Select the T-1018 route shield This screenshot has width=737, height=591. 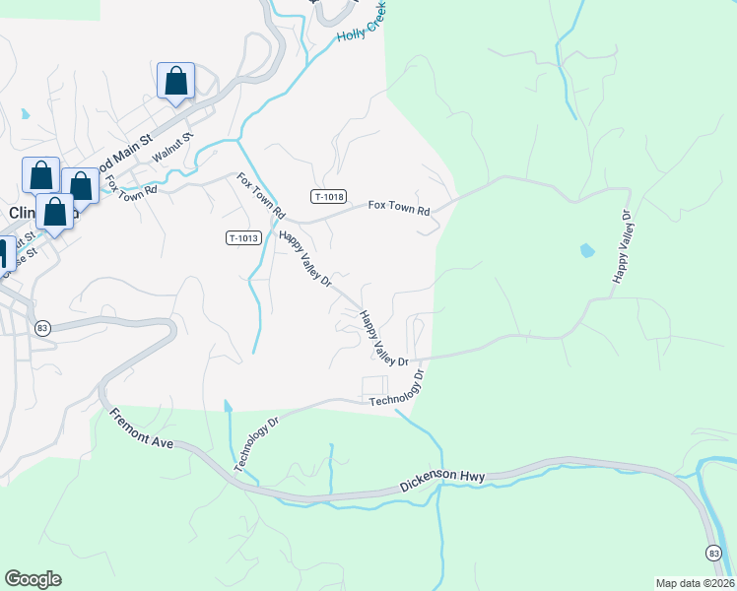pos(328,197)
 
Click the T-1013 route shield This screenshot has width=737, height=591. pos(243,237)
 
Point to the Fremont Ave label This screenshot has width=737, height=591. pos(142,429)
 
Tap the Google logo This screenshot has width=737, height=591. pos(33,579)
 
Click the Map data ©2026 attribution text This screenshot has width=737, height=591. pos(694,582)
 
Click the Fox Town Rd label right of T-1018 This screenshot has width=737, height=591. pos(399,208)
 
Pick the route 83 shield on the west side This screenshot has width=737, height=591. pos(41,328)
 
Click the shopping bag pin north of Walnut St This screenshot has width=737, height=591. pos(175,80)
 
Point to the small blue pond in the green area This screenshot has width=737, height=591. pos(587,250)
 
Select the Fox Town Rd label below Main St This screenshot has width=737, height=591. pos(131,184)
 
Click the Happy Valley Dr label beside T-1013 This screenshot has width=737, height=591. pos(304,259)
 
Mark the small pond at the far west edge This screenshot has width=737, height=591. pos(24,114)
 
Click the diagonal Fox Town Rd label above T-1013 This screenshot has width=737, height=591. pos(260,196)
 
